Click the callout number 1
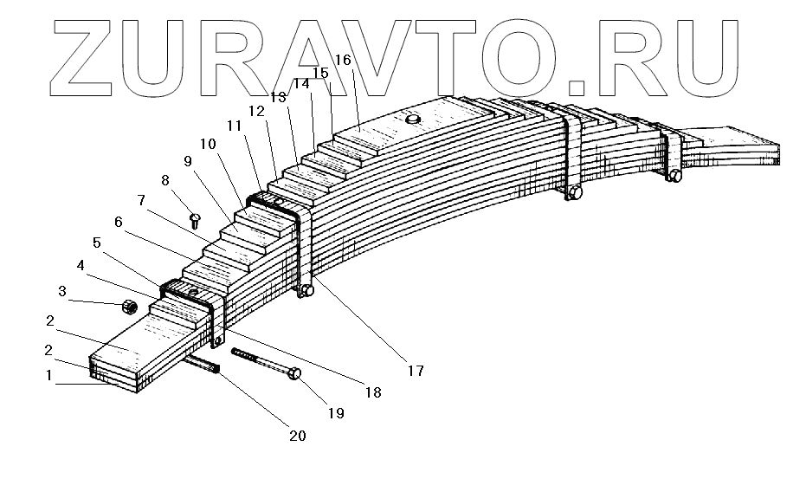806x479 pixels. pos(50,376)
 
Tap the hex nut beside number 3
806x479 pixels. pos(129,306)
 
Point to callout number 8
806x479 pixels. pos(165,180)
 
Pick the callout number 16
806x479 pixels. pos(342,60)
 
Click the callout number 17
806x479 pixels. pos(415,371)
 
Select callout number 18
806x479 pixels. pos(373,392)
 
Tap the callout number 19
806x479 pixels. pos(336,413)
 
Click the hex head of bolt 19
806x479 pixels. pos(294,373)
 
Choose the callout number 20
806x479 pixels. pos(297,436)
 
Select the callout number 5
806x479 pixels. pos(97,243)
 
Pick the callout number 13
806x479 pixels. pos(278,96)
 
